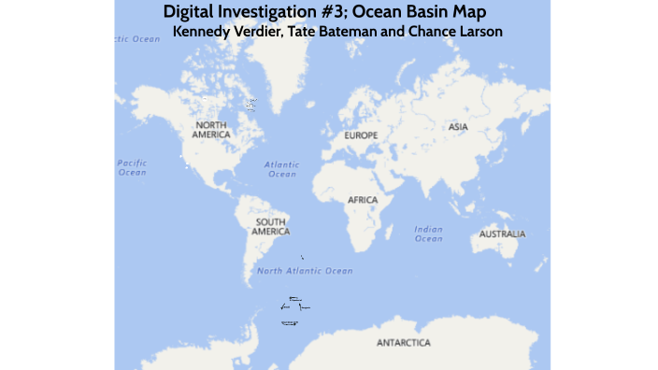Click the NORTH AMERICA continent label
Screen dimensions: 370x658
pos(211,129)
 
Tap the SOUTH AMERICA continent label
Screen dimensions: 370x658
pos(271,226)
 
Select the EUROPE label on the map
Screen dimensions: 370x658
pos(361,136)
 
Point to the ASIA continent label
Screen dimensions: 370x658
pos(458,126)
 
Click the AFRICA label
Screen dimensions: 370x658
pos(363,200)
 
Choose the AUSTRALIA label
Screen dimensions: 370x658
pos(502,234)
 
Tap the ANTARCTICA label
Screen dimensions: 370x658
pos(404,343)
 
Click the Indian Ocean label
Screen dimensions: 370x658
pos(428,234)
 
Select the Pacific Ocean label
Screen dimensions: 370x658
pos(132,167)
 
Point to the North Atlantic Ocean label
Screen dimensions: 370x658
pos(305,271)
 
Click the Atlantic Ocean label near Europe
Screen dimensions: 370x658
pos(281,169)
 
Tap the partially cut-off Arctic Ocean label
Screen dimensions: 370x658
pos(136,39)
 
